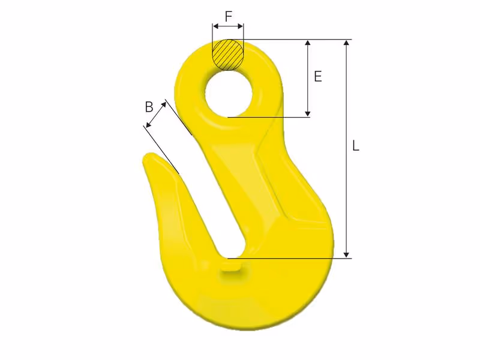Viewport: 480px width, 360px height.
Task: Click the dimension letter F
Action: (x=229, y=16)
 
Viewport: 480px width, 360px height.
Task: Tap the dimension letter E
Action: (x=318, y=76)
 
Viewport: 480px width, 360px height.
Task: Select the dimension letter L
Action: (x=355, y=146)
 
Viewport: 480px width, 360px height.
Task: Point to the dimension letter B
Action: (x=149, y=107)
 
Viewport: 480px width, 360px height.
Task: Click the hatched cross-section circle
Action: (x=229, y=55)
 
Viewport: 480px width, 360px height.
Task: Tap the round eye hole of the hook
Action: (x=229, y=94)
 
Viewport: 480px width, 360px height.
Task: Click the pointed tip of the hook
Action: (x=147, y=155)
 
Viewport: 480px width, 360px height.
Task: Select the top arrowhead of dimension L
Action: (x=346, y=43)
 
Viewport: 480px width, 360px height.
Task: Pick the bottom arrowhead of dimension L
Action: (x=346, y=255)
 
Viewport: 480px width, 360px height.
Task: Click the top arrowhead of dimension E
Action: (x=308, y=43)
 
